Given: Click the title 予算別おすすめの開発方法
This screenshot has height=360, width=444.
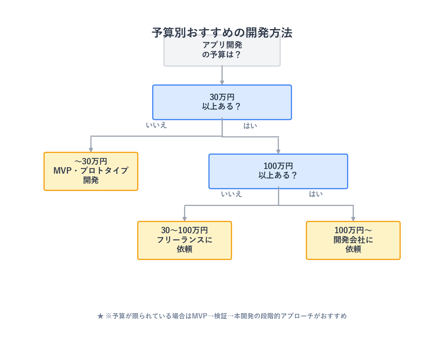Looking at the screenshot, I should coord(222,33).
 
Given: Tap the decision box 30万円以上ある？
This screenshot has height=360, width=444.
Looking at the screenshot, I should coord(222,102).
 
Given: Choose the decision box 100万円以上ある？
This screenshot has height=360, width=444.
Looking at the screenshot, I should coord(278,171).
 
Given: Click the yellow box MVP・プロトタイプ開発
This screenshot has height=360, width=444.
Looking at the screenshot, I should coord(91,171).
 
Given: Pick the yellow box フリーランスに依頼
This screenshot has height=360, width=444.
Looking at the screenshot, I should coord(184,240).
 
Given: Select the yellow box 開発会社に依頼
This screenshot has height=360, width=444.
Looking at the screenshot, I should coord(353,240).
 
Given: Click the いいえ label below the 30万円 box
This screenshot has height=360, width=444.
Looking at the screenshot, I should coord(156,125).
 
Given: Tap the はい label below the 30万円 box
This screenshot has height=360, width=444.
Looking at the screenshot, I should coord(250,126).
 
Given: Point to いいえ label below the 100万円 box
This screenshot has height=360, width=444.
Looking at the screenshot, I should coord(231,194).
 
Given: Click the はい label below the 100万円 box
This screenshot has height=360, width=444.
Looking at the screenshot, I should coord(316,194).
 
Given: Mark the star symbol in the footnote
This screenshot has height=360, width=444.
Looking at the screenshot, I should coord(100,316).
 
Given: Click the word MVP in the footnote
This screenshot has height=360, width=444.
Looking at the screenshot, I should coord(199,316).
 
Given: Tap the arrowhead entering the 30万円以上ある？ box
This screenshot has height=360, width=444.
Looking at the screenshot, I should coord(222,83).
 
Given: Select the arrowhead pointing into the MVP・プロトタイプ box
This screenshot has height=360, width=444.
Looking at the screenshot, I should coord(91,150).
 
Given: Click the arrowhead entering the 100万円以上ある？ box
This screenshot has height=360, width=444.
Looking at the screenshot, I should coord(278,152).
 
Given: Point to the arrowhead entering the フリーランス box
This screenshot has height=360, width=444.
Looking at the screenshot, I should coord(184,219).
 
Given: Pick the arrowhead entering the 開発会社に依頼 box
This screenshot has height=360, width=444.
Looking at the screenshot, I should coord(353,219).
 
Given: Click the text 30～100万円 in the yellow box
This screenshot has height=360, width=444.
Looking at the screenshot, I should coord(184,230).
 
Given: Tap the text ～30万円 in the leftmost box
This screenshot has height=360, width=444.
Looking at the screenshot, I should coord(91,162).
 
